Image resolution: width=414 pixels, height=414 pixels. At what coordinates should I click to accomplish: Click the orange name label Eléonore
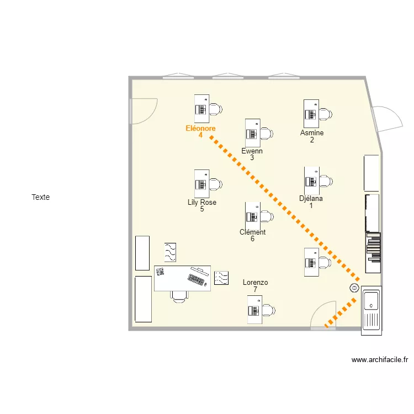[200, 128]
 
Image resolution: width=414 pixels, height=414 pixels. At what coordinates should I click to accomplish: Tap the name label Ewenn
[252, 151]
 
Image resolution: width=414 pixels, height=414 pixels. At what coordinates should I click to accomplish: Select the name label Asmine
[312, 132]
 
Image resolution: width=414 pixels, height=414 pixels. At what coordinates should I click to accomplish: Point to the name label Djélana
[311, 199]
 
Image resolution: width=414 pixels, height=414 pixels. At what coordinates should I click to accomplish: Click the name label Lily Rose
[202, 203]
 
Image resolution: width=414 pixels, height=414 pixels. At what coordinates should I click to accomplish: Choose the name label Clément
[252, 232]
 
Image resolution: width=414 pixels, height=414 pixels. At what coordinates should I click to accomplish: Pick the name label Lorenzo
[255, 283]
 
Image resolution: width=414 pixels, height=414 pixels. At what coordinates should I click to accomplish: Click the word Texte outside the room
[41, 197]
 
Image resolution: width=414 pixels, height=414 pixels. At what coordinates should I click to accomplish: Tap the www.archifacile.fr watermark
[380, 360]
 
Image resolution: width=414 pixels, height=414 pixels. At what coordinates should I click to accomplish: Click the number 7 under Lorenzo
[255, 290]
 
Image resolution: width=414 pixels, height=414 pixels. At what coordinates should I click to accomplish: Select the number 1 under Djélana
[311, 206]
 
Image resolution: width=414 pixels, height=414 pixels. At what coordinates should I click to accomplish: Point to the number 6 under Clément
[252, 239]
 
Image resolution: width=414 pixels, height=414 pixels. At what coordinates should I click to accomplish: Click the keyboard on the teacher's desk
[196, 280]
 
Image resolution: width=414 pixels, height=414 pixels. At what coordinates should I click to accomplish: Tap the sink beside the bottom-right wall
[371, 310]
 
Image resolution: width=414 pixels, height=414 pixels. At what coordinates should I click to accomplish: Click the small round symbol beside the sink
[354, 288]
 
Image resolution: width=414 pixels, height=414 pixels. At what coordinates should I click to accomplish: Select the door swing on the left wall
[142, 111]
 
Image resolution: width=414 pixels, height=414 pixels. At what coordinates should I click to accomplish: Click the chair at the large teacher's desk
[179, 296]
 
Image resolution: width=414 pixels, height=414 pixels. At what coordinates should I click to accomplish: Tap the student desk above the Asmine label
[311, 113]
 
